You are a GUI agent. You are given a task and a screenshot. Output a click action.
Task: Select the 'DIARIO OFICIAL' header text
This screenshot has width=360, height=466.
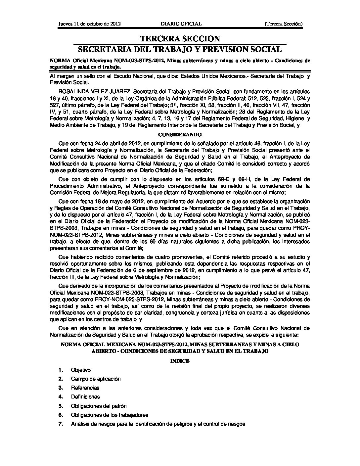click(181, 24)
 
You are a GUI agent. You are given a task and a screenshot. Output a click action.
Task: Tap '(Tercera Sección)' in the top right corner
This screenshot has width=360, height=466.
click(284, 24)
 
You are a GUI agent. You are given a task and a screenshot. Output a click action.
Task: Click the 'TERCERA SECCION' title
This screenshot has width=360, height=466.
click(180, 39)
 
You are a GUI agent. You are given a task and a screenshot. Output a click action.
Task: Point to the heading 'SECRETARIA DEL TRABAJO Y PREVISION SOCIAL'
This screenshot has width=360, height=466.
click(180, 50)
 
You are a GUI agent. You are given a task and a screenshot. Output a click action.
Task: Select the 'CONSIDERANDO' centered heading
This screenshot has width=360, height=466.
click(180, 135)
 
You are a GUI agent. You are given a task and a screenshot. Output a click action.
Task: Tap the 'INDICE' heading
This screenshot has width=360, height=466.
click(180, 361)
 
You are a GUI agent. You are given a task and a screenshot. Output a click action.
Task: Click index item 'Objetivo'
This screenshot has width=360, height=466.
click(81, 370)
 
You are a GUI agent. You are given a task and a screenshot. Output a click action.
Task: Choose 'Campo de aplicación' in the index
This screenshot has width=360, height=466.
click(96, 379)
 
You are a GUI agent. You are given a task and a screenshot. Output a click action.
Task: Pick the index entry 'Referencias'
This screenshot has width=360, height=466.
click(85, 388)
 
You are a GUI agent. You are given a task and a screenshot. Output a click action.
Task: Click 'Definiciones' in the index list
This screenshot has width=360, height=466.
click(85, 397)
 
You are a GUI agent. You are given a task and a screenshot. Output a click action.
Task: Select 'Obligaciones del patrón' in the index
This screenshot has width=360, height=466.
click(99, 406)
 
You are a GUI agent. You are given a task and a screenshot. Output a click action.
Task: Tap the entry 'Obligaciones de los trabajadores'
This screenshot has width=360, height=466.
click(110, 415)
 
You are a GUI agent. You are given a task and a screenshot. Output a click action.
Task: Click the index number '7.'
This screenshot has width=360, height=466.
click(61, 424)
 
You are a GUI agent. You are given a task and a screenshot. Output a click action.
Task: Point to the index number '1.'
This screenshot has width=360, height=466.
click(61, 370)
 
